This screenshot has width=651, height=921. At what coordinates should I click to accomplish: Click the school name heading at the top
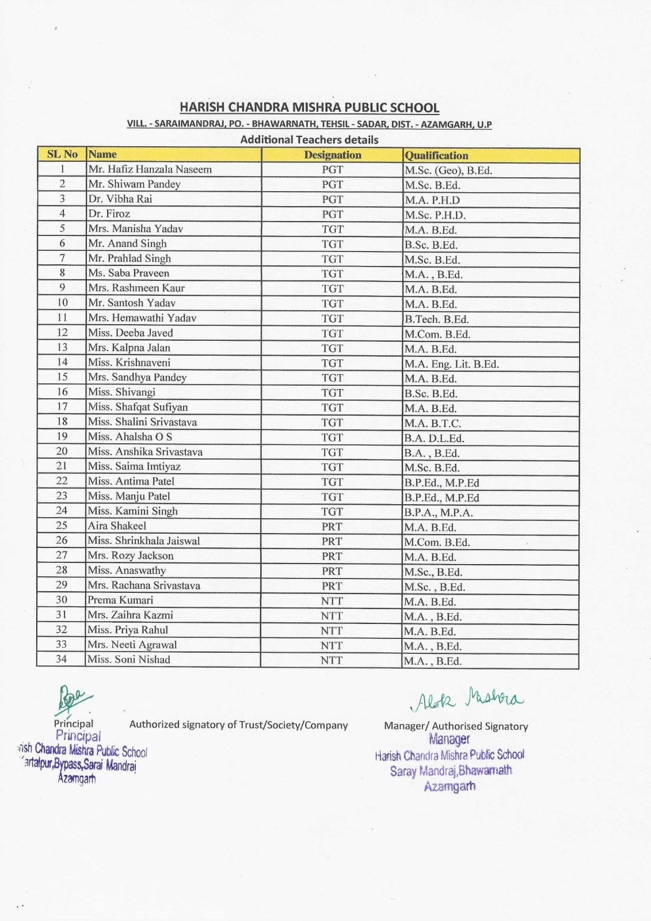(x=309, y=108)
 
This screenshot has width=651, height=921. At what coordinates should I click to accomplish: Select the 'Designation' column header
(x=332, y=155)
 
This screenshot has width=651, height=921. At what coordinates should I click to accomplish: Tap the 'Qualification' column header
(x=436, y=155)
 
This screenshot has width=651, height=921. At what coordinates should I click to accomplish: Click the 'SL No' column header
(x=62, y=154)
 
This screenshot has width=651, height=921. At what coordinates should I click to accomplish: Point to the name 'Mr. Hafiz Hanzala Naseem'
(x=150, y=169)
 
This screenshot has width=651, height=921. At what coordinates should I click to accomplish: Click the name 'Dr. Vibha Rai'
(x=120, y=199)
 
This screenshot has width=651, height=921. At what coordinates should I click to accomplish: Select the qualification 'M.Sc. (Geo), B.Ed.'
(x=448, y=170)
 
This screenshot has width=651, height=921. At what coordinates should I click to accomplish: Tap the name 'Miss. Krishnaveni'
(x=129, y=363)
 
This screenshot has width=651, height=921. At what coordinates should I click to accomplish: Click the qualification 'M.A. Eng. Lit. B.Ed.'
(x=451, y=364)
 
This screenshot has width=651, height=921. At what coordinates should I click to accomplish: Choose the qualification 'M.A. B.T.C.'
(x=432, y=423)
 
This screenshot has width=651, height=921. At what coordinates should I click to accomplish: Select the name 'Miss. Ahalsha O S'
(x=130, y=436)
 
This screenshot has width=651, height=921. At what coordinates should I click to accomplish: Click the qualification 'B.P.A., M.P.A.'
(x=438, y=512)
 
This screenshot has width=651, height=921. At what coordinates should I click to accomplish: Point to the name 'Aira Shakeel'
(x=117, y=526)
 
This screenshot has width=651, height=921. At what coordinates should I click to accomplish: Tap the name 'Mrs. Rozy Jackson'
(x=131, y=555)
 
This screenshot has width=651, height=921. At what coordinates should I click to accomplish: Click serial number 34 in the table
(x=61, y=659)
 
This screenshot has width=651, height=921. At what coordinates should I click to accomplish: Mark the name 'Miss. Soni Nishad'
(x=129, y=660)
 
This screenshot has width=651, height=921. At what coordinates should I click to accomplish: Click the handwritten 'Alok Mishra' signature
(x=466, y=699)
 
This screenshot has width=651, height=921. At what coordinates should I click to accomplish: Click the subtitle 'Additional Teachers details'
(x=309, y=139)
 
